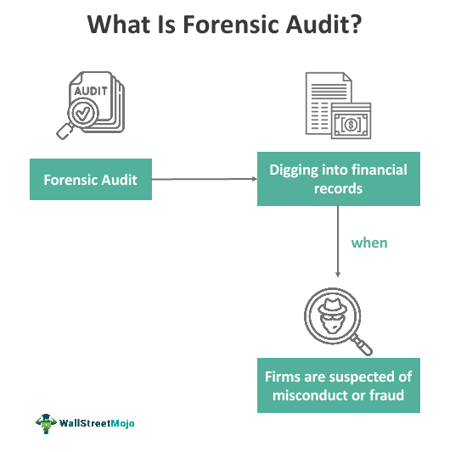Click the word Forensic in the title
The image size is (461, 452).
pos(232,25)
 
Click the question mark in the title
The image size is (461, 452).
pos(356,24)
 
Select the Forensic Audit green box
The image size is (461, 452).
pos(91,180)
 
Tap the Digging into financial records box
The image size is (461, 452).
pos(339,179)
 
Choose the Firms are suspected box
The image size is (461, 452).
pos(339,385)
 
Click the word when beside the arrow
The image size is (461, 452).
pos(369,243)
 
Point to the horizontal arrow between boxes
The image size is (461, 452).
pos(205,179)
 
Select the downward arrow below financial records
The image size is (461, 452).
pos(338,241)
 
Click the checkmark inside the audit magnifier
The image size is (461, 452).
pos(83,113)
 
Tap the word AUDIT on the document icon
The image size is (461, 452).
pos(91,91)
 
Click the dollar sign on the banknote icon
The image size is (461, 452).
pos(351,124)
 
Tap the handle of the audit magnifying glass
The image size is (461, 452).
pos(65,131)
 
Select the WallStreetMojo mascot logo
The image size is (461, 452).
pos(46,423)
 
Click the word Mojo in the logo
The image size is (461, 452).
pos(122,423)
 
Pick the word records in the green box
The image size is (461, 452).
pos(338,188)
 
